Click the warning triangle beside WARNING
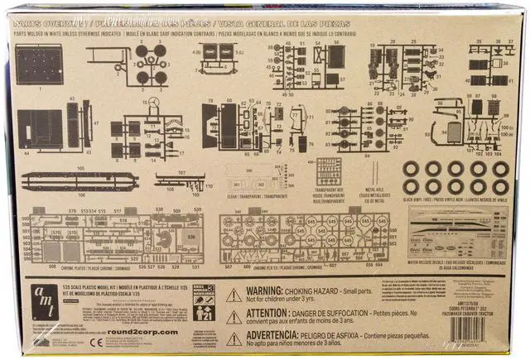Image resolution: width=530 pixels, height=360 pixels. tap(234, 295)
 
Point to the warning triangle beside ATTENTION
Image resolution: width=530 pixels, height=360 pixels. tap(234, 315)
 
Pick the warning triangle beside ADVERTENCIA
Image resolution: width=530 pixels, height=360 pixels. tap(234, 337)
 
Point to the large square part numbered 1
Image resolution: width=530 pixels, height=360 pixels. tap(39, 65)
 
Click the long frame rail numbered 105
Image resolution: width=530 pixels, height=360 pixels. tap(79, 180)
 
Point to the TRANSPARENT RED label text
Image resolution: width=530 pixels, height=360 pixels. tap(329, 190)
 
